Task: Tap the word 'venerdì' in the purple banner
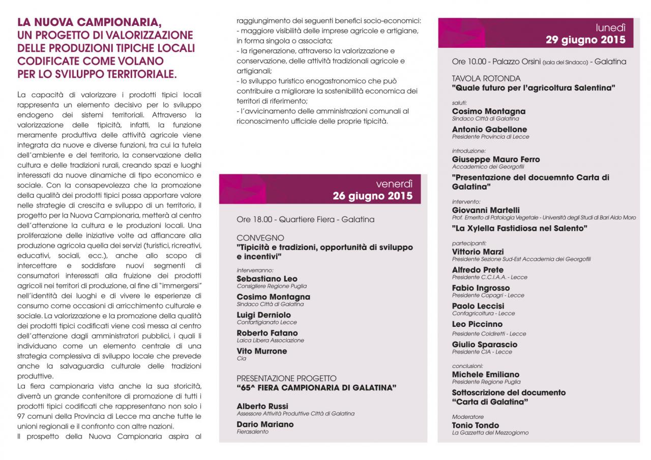[x=394, y=184]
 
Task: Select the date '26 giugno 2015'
[x=373, y=196]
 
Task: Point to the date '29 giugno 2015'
[x=586, y=40]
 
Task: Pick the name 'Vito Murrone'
[x=261, y=351]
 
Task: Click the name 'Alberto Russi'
[x=262, y=406]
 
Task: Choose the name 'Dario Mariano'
[x=265, y=424]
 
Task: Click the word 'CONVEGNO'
[x=260, y=238]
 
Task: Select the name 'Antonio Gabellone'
[x=489, y=130]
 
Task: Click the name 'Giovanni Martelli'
[x=486, y=210]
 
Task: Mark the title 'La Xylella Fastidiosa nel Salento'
[x=520, y=229]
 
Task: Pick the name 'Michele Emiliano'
[x=486, y=375]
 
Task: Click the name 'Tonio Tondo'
[x=476, y=425]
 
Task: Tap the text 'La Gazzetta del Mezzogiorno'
[x=490, y=433]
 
